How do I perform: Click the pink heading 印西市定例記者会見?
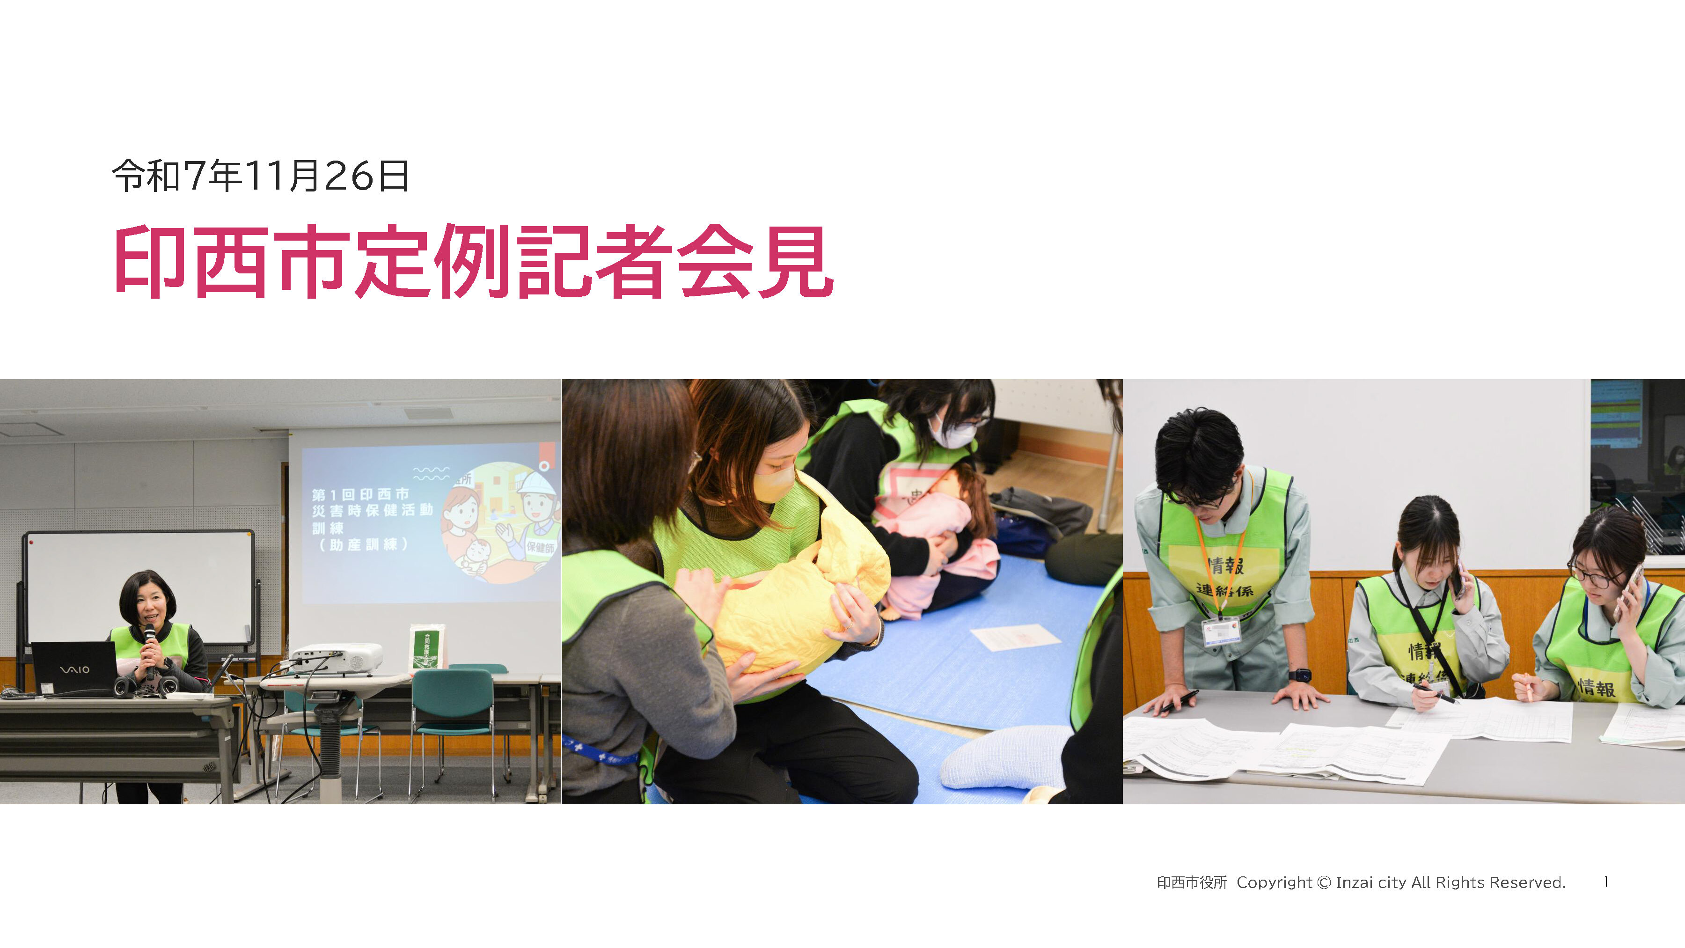(474, 262)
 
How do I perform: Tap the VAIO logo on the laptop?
(74, 669)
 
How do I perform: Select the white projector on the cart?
(337, 658)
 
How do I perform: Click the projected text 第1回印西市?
(360, 494)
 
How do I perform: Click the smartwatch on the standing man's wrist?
(1299, 675)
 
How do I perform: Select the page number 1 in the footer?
(1606, 882)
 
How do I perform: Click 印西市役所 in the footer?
(1192, 882)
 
